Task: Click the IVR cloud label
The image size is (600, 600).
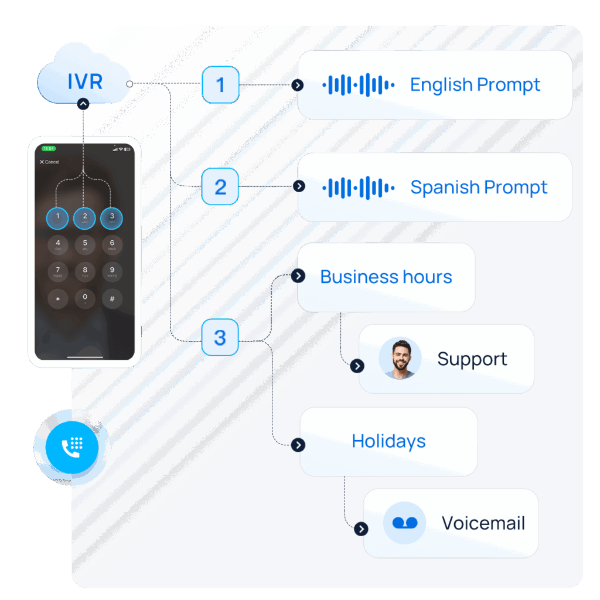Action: click(x=85, y=81)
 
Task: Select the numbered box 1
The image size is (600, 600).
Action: click(x=220, y=85)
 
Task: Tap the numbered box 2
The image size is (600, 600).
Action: click(x=220, y=187)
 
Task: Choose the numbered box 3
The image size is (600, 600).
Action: click(x=220, y=337)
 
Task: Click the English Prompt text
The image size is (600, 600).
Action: click(x=475, y=85)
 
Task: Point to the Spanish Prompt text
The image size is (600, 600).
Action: click(x=478, y=187)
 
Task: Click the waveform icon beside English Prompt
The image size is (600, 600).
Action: click(x=358, y=86)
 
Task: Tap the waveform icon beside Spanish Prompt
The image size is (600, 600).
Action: click(x=358, y=187)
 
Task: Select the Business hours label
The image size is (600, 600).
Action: click(x=386, y=277)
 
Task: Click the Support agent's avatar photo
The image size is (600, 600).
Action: click(x=400, y=358)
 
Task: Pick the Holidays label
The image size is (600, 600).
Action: click(x=388, y=441)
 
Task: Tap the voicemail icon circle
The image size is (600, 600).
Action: click(x=404, y=523)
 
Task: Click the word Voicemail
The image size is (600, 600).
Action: click(x=483, y=523)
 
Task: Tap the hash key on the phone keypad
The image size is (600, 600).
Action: click(x=112, y=298)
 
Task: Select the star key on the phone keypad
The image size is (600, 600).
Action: click(x=57, y=298)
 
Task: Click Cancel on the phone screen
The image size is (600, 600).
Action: click(x=49, y=162)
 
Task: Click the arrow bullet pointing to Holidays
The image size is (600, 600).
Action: click(x=299, y=445)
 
